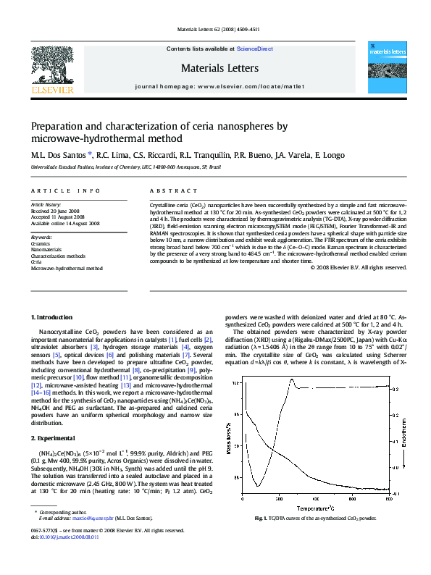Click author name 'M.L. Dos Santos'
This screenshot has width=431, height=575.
pos(59,154)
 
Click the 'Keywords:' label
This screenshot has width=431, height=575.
pos(42,237)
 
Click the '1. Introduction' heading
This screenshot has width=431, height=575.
pos(54,317)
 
